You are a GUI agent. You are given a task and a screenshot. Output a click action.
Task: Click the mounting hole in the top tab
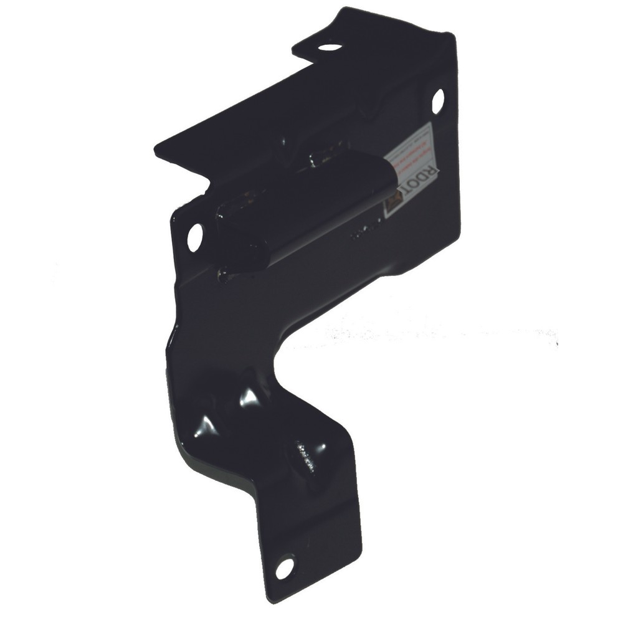tap(330, 47)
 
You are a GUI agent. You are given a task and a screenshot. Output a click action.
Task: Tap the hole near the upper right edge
tap(438, 101)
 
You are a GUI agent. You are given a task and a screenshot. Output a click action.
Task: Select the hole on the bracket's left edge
tap(195, 237)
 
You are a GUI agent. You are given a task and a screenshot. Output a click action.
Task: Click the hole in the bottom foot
tap(284, 567)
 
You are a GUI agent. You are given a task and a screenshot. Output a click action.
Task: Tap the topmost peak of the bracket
tap(341, 10)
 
